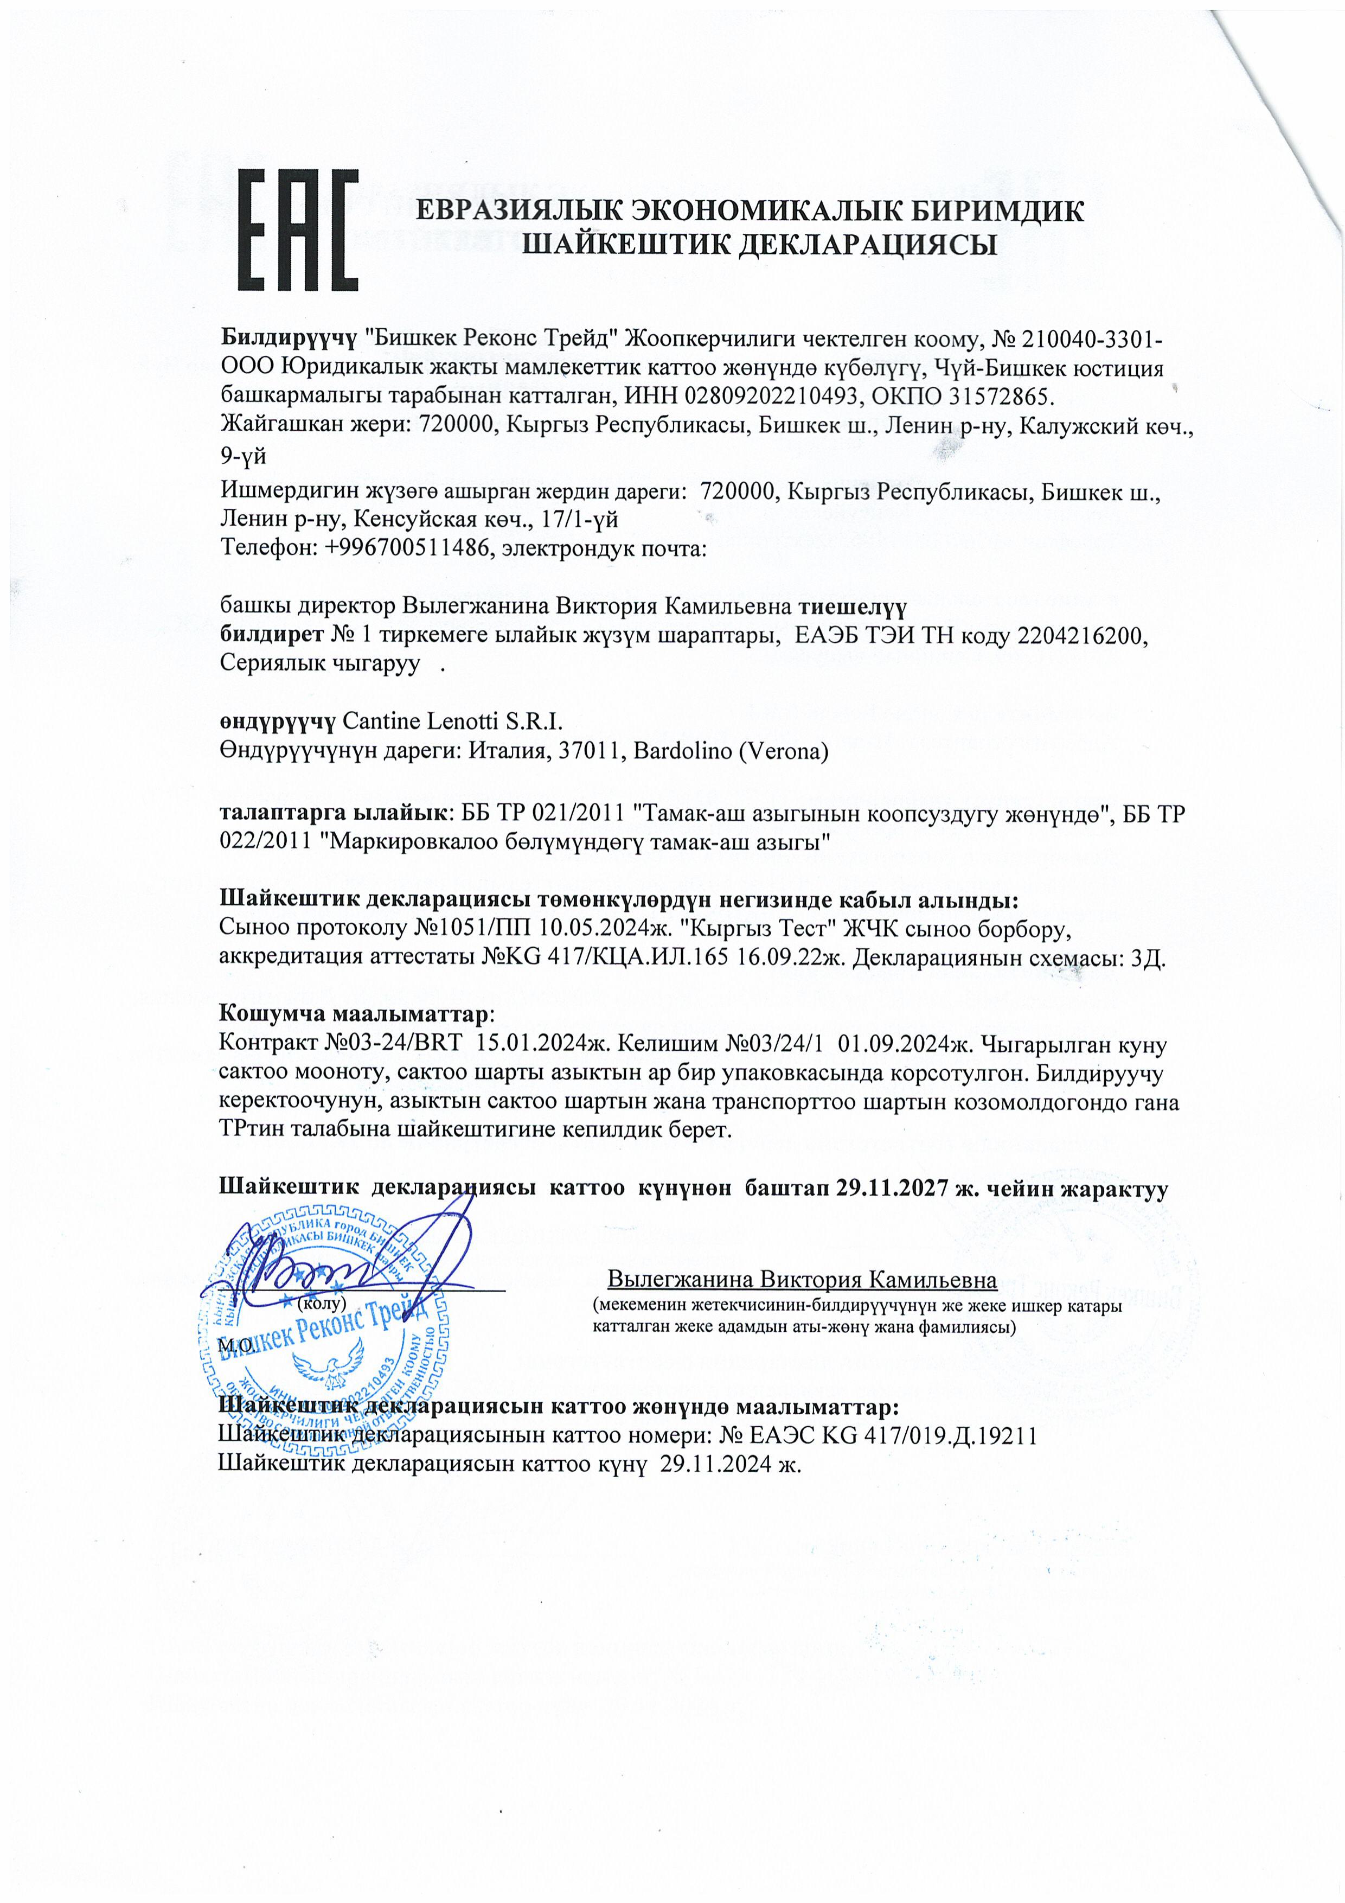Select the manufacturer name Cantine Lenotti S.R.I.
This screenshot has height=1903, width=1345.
pos(452,720)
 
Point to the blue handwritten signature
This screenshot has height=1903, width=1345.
pos(348,1264)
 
